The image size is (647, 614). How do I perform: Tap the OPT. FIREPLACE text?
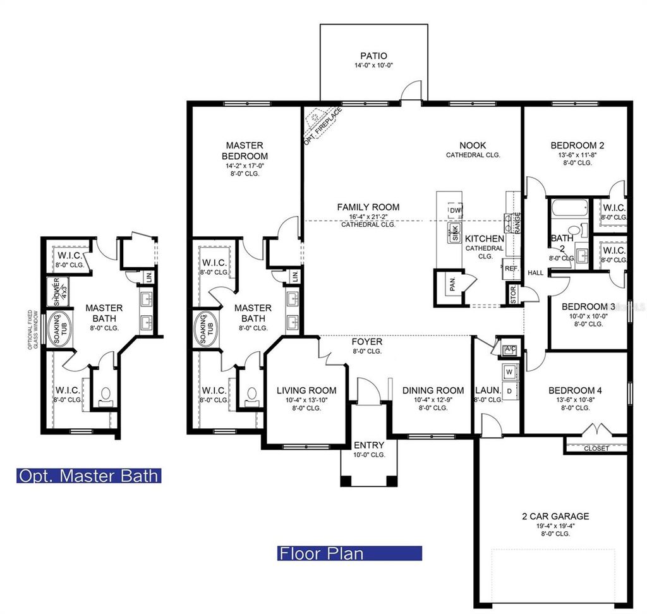(x=323, y=126)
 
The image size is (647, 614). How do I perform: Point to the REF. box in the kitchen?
(x=512, y=268)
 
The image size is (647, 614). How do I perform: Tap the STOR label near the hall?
(x=512, y=295)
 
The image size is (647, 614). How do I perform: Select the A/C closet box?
(x=509, y=349)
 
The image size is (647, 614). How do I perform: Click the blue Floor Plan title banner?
(x=350, y=554)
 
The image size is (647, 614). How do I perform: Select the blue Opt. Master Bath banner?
(x=88, y=476)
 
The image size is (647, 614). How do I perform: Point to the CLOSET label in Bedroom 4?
(x=596, y=448)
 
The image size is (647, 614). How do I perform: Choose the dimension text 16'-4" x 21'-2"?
(x=368, y=216)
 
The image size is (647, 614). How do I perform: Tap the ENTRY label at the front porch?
(x=368, y=445)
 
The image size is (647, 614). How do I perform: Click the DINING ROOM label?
(x=433, y=390)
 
